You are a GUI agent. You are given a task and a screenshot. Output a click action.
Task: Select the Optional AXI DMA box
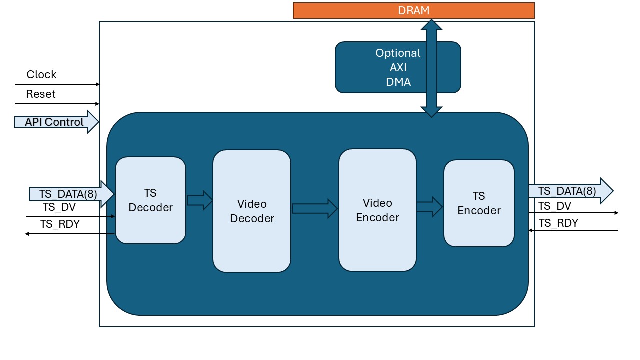pyautogui.click(x=380, y=67)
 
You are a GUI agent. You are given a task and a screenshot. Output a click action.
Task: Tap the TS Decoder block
pyautogui.click(x=150, y=200)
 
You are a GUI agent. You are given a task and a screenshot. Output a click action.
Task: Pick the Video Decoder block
pyautogui.click(x=252, y=211)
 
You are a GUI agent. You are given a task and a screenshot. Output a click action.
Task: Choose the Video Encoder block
pyautogui.click(x=377, y=210)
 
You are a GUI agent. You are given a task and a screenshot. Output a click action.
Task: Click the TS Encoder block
pyautogui.click(x=479, y=203)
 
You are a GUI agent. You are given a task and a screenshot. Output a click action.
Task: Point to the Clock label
pyautogui.click(x=41, y=75)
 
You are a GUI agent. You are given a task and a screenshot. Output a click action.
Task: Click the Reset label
pyautogui.click(x=41, y=94)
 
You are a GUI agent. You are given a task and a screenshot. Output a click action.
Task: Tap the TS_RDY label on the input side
pyautogui.click(x=60, y=224)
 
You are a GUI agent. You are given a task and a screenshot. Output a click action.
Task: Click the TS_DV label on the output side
pyautogui.click(x=555, y=206)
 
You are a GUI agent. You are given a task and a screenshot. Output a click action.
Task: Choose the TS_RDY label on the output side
pyautogui.click(x=558, y=223)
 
